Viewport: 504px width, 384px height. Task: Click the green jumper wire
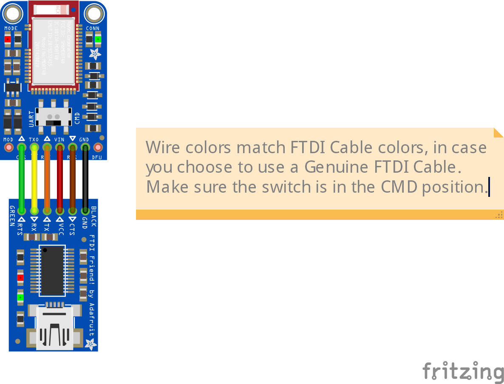click(21, 178)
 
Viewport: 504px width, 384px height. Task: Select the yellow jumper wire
click(34, 178)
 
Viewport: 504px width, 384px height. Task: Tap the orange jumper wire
click(47, 178)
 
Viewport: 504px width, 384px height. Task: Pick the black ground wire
click(85, 178)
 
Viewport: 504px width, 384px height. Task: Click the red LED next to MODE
click(7, 40)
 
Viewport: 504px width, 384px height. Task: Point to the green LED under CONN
click(98, 40)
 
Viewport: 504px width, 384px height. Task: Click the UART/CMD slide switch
click(54, 116)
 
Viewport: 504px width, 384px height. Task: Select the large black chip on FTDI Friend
click(52, 271)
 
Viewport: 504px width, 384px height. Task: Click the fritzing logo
click(463, 371)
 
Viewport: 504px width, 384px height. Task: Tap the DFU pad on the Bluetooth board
click(98, 148)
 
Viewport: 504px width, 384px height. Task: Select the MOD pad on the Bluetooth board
click(8, 148)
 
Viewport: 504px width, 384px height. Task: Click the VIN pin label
click(59, 140)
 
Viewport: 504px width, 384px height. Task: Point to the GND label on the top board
click(84, 140)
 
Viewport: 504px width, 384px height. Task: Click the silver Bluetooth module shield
click(54, 51)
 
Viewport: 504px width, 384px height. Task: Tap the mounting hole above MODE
click(12, 14)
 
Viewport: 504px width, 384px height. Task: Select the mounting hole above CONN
click(93, 14)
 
